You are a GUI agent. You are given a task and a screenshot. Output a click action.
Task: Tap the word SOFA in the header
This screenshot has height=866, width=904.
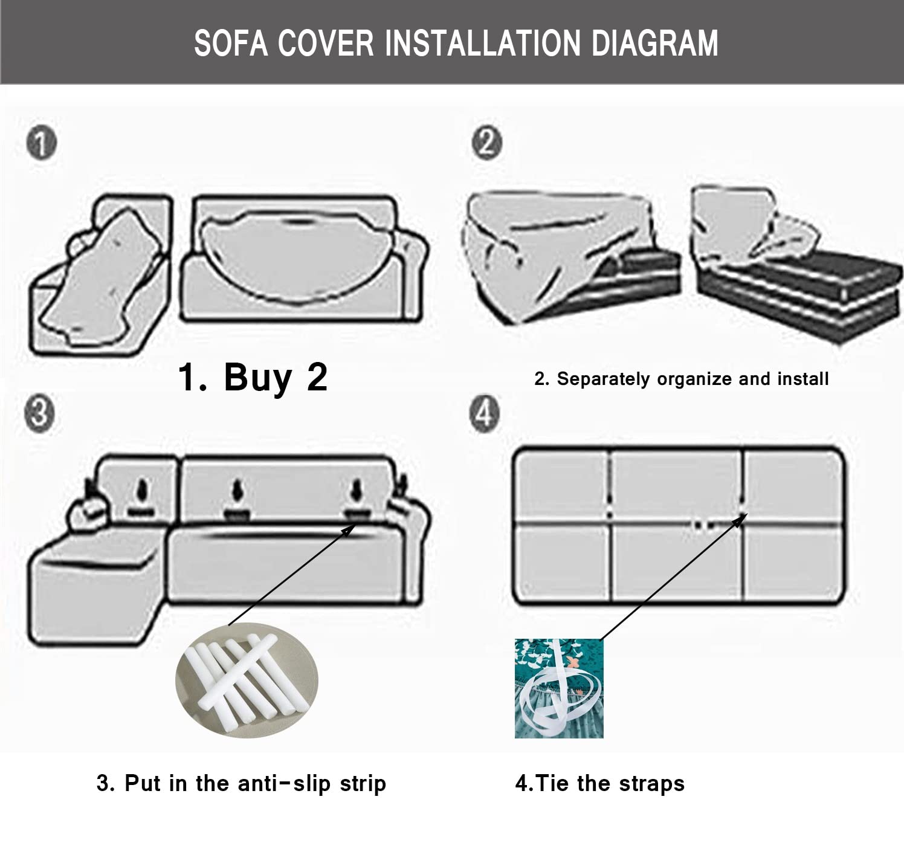point(231,43)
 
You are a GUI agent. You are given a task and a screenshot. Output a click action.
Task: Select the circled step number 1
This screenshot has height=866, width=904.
point(42,144)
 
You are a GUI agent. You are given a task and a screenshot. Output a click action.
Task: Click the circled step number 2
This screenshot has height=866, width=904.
point(486,143)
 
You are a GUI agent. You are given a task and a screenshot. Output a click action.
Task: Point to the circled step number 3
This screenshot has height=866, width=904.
point(40,414)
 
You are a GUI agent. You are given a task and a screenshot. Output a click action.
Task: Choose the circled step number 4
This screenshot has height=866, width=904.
point(485,414)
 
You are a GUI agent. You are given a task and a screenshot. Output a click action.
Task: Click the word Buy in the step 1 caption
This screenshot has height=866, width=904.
point(258,378)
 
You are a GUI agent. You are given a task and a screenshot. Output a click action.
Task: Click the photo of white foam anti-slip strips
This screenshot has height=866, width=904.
point(247,679)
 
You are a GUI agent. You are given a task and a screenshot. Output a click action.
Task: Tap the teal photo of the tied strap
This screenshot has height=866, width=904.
point(559,688)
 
